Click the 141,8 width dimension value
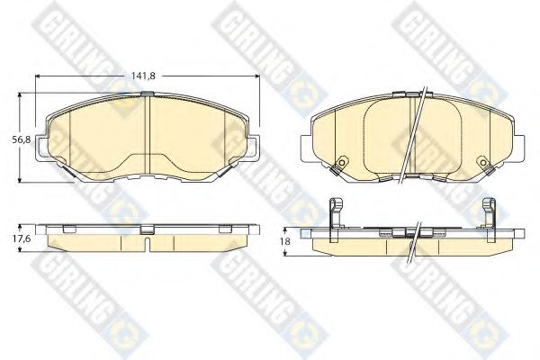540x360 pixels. pyautogui.click(x=143, y=76)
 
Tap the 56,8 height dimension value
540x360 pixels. pyautogui.click(x=22, y=139)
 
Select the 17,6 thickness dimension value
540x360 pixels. pyautogui.click(x=22, y=238)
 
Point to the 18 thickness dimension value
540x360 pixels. pyautogui.click(x=285, y=241)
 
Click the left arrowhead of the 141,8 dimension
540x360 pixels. pyautogui.click(x=38, y=76)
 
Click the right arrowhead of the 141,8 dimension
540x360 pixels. pyautogui.click(x=256, y=76)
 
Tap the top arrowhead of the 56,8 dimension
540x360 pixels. pyautogui.click(x=20, y=95)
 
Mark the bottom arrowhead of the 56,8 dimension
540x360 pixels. pyautogui.click(x=20, y=179)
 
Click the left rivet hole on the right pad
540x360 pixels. pyautogui.click(x=342, y=162)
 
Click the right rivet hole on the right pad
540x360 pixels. pyautogui.click(x=483, y=162)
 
